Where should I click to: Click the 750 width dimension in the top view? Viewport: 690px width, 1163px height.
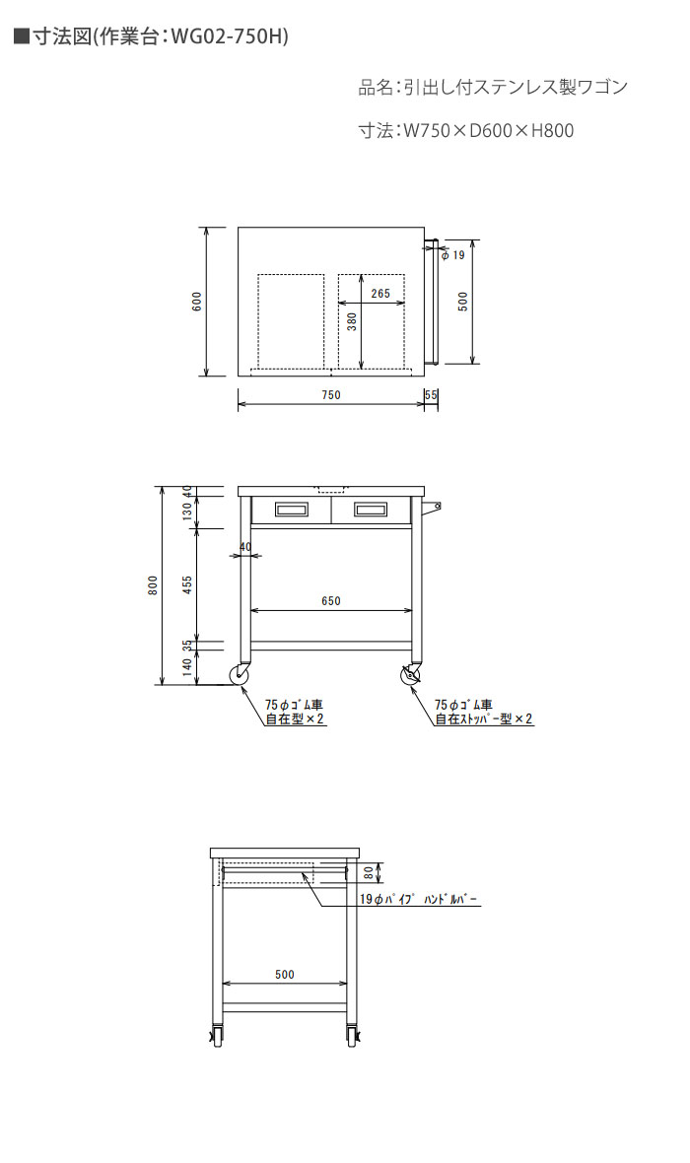[331, 395]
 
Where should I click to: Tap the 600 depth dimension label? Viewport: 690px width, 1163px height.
[196, 302]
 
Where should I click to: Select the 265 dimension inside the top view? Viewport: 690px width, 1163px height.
[379, 294]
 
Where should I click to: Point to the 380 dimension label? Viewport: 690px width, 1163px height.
[353, 321]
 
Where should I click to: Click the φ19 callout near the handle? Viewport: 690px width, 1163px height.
[452, 255]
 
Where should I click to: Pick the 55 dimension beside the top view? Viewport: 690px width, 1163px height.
[431, 395]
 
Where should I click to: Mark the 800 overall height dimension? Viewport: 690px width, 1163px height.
[153, 585]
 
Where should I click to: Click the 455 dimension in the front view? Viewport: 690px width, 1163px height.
[187, 585]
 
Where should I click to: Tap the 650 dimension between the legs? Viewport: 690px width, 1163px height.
[331, 601]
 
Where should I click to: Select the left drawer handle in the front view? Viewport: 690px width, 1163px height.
[290, 509]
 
